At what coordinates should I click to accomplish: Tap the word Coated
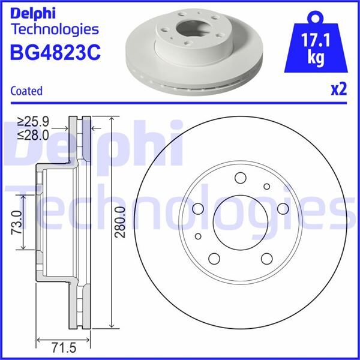[26, 91]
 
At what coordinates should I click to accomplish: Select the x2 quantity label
[339, 89]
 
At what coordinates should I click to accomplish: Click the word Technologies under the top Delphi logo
[55, 28]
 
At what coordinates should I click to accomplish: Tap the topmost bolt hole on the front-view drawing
[241, 178]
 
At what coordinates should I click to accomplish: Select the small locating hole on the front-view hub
[266, 187]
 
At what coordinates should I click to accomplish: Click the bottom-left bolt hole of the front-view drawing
[214, 259]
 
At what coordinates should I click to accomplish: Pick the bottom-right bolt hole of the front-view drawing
[266, 259]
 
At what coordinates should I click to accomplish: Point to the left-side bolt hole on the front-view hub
[199, 208]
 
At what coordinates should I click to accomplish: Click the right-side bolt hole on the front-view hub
[282, 208]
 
